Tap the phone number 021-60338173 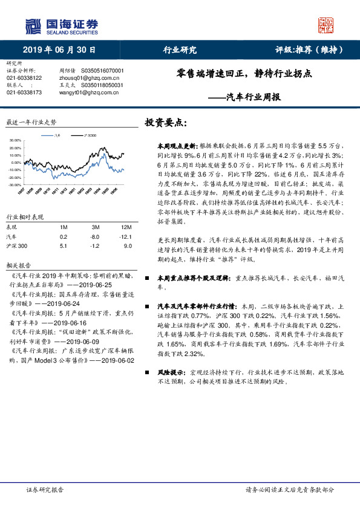click(x=24, y=92)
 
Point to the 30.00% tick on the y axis click(x=15, y=140)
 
